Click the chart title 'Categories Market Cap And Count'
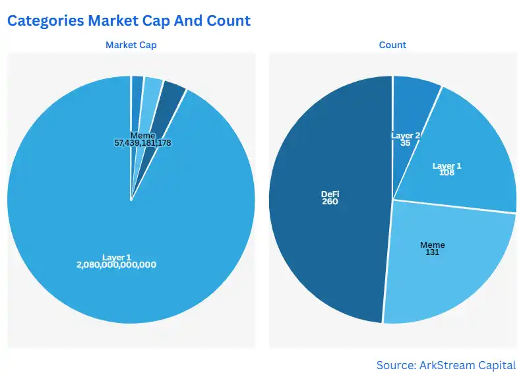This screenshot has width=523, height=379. click(x=129, y=20)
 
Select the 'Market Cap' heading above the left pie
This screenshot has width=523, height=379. click(x=131, y=45)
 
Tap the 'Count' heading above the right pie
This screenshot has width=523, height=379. click(x=392, y=45)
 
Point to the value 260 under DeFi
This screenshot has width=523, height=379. click(x=330, y=202)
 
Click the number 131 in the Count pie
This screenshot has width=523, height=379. click(x=433, y=252)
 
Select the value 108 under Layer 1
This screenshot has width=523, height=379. click(x=447, y=173)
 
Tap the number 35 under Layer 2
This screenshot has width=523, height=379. click(x=406, y=142)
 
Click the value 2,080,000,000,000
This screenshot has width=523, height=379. click(x=117, y=264)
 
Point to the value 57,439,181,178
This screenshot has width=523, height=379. click(x=143, y=142)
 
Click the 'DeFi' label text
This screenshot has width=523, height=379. click(x=330, y=194)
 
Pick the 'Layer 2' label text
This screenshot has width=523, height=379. click(x=406, y=135)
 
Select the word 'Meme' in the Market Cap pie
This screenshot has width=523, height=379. click(x=143, y=135)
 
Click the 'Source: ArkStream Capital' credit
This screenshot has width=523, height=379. click(x=446, y=364)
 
